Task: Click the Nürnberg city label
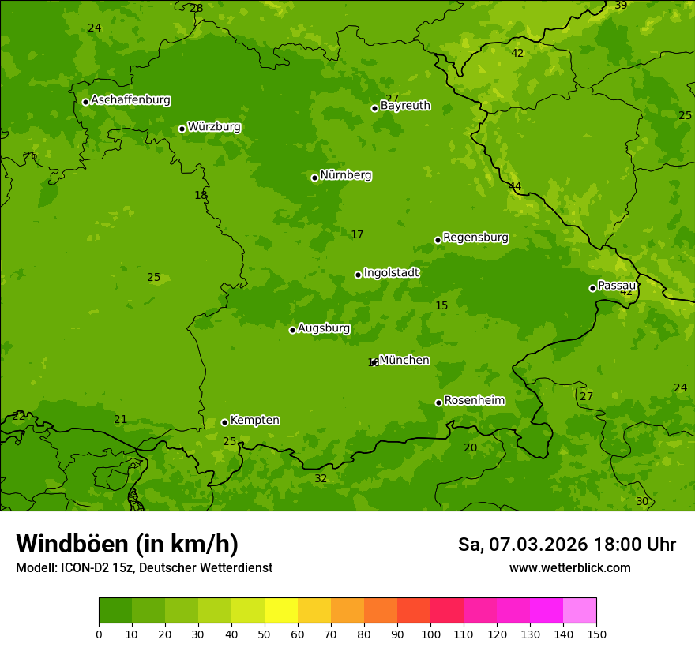(345, 175)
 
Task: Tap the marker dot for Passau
(592, 288)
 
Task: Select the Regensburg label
(475, 238)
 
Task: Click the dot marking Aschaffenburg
(85, 102)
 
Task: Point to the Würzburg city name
(213, 127)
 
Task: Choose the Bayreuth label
(405, 106)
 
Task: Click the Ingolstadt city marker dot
(358, 275)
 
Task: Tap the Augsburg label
(324, 328)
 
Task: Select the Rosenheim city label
(474, 401)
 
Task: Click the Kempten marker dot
(224, 422)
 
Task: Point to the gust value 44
(515, 187)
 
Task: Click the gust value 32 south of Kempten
(321, 479)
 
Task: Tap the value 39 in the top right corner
(621, 6)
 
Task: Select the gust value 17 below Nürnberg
(357, 234)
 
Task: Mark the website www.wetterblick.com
(569, 567)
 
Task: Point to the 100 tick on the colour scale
(430, 634)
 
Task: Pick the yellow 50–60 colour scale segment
(281, 611)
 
